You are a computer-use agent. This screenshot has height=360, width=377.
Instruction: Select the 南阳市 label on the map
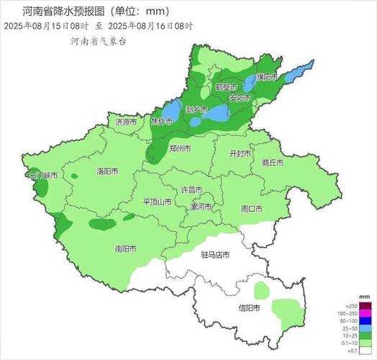(x=125, y=249)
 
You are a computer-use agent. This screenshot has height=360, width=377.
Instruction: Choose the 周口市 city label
(x=251, y=209)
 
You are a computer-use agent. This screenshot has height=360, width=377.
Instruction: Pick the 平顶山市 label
(x=157, y=202)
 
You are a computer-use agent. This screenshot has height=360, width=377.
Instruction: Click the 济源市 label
(x=126, y=122)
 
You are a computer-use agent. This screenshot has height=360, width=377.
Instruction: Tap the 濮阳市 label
(x=267, y=76)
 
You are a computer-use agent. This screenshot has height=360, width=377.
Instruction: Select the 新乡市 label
(x=196, y=110)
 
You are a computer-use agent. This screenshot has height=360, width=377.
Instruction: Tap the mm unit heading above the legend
(x=364, y=297)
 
